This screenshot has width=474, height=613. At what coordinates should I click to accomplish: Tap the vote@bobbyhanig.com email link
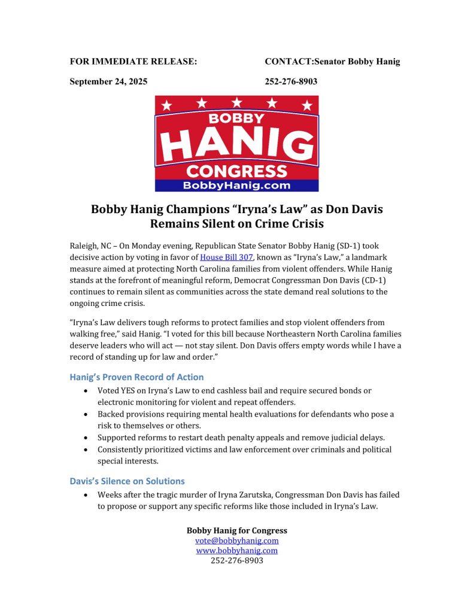236,541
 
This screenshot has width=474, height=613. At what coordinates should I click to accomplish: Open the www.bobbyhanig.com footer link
236,551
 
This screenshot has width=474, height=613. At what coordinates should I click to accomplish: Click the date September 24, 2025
108,81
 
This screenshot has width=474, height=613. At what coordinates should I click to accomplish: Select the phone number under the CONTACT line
291,81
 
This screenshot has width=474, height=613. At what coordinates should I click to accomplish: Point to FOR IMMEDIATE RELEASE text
133,61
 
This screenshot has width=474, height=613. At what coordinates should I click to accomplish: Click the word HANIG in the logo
237,144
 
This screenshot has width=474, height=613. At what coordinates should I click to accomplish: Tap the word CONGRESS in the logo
237,171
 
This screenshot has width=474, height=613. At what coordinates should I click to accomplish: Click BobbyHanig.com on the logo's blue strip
237,186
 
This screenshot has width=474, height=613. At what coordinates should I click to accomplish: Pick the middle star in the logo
237,104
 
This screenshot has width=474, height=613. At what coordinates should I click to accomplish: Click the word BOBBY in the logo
237,118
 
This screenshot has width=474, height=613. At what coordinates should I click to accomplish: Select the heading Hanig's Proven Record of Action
136,377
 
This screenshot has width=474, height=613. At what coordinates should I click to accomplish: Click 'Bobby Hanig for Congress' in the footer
236,530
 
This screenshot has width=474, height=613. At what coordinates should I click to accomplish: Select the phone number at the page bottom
236,561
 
